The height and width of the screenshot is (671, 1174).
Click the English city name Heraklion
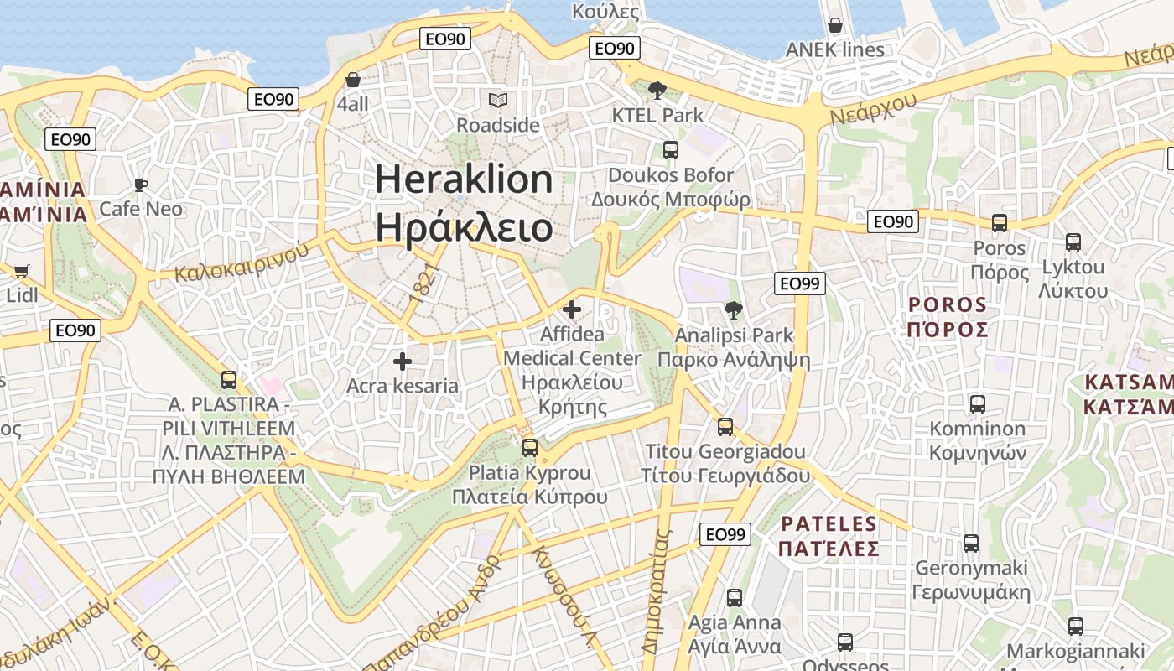(463, 180)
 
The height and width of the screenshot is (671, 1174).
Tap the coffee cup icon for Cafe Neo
(141, 184)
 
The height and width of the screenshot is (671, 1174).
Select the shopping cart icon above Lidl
(22, 271)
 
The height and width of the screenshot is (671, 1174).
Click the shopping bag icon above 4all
(353, 80)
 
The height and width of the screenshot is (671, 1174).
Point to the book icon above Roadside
(498, 101)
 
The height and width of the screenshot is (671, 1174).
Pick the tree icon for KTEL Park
(657, 90)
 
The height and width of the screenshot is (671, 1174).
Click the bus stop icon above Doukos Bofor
(671, 150)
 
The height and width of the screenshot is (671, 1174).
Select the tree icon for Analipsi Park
(734, 310)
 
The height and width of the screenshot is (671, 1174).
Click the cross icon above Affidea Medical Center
(572, 309)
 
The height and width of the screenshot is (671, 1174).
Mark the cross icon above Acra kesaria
(403, 362)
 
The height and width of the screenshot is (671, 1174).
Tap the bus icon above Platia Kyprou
(530, 448)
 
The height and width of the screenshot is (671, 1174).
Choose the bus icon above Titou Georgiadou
(725, 427)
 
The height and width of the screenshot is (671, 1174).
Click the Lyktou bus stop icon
(1073, 242)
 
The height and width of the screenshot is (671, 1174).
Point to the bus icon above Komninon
(977, 404)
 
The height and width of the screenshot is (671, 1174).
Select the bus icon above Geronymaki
(971, 544)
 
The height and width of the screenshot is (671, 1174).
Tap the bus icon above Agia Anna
(735, 598)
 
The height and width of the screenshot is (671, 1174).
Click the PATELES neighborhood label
(829, 525)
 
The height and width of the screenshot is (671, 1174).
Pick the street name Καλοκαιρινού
(236, 263)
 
